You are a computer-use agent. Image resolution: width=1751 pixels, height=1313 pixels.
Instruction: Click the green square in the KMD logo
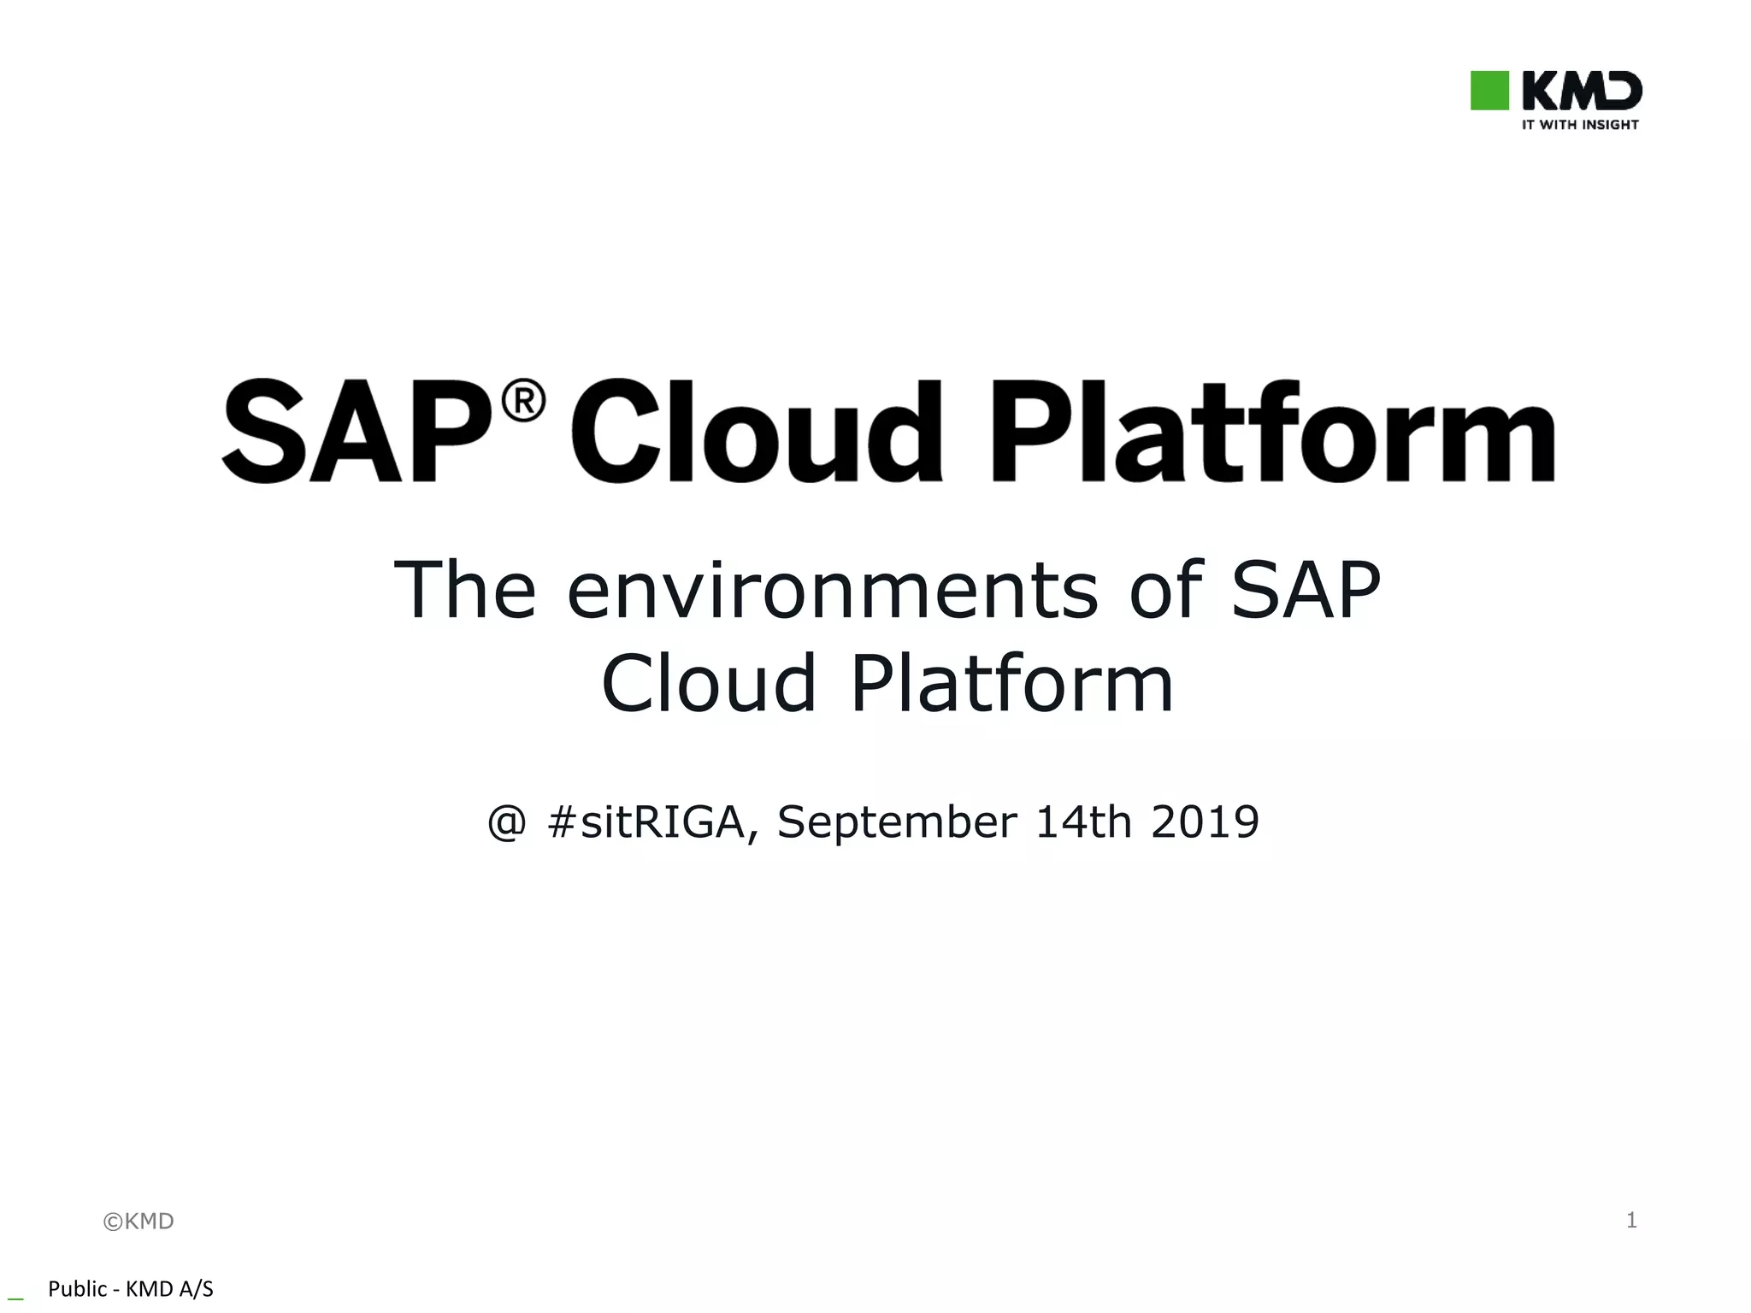(1489, 91)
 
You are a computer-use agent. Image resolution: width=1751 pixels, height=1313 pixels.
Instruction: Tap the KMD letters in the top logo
(1582, 91)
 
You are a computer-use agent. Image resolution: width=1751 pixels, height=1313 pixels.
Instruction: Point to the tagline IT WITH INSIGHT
(1580, 125)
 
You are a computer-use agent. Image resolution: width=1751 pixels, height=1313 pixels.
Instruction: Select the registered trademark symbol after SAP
(523, 402)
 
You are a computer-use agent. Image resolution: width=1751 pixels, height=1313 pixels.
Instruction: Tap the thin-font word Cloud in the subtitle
(709, 683)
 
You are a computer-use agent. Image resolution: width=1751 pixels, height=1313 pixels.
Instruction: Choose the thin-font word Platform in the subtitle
(1012, 683)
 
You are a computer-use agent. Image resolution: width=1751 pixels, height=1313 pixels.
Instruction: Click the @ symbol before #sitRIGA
(507, 823)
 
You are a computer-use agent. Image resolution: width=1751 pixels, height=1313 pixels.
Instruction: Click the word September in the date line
(897, 824)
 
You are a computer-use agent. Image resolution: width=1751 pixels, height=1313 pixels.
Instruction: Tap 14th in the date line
(1083, 822)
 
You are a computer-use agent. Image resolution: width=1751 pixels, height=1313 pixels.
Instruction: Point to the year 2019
(1205, 822)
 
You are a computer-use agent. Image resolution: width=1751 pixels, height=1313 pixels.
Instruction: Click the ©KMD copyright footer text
(139, 1222)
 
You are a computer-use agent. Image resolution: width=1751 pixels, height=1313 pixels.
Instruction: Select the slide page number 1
(1631, 1220)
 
